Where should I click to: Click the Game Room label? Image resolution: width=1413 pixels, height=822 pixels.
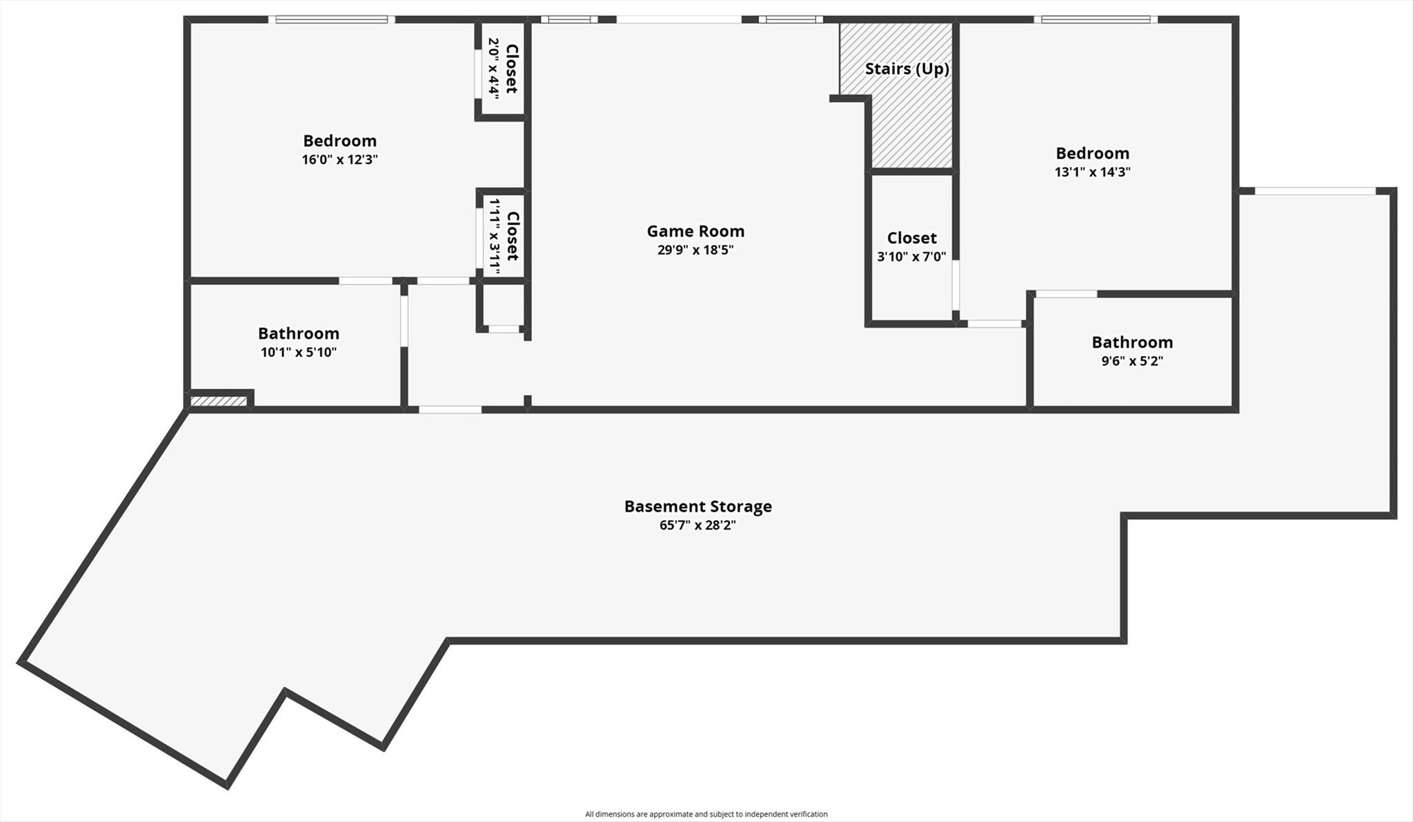click(695, 231)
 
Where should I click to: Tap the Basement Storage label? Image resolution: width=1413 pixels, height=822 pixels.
click(698, 506)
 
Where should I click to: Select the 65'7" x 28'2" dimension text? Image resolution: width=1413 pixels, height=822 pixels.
click(698, 525)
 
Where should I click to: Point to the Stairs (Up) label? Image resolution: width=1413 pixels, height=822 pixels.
click(907, 69)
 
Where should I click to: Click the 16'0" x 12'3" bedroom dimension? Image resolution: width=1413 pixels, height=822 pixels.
click(339, 160)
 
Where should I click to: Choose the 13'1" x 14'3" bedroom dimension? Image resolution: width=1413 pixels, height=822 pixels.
click(1092, 172)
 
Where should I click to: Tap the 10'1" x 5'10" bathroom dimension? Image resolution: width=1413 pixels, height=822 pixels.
click(298, 352)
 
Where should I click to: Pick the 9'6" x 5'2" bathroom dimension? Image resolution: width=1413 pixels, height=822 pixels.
click(1132, 361)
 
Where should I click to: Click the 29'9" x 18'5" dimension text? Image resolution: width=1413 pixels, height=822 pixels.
click(695, 250)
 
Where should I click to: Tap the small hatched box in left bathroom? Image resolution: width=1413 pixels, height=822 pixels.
click(219, 401)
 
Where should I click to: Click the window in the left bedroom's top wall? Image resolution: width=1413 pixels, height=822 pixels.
click(331, 20)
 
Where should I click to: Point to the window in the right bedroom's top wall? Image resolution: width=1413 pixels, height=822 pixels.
click(1095, 20)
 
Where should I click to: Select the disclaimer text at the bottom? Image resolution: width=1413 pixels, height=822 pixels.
click(706, 814)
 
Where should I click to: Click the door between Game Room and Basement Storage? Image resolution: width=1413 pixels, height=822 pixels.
click(450, 410)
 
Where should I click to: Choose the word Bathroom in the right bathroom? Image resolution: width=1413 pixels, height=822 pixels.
click(1132, 342)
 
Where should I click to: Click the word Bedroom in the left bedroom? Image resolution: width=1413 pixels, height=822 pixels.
click(339, 141)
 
